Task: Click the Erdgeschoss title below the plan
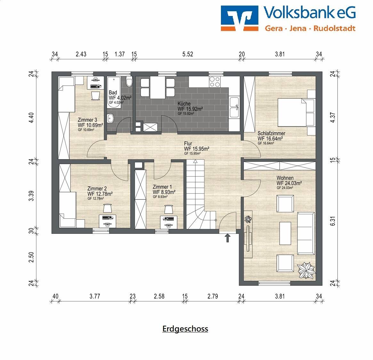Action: point(185,329)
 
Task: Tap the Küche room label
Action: point(184,104)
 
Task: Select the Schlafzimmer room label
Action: point(271,134)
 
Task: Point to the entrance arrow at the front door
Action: point(228,238)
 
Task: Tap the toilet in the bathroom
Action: point(129,82)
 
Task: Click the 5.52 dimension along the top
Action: point(188,54)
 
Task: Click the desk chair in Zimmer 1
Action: point(169,209)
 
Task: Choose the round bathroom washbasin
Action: point(111,118)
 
